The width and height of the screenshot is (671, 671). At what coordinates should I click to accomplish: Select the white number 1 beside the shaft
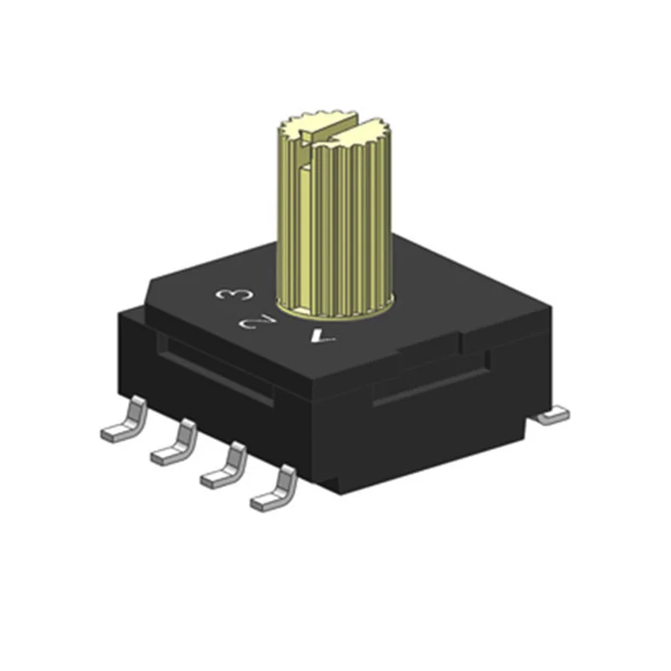pyautogui.click(x=322, y=336)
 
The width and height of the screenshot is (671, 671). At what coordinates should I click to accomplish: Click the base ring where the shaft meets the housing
pyautogui.click(x=335, y=314)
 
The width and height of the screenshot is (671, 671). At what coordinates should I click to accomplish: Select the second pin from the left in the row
pyautogui.click(x=174, y=445)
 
